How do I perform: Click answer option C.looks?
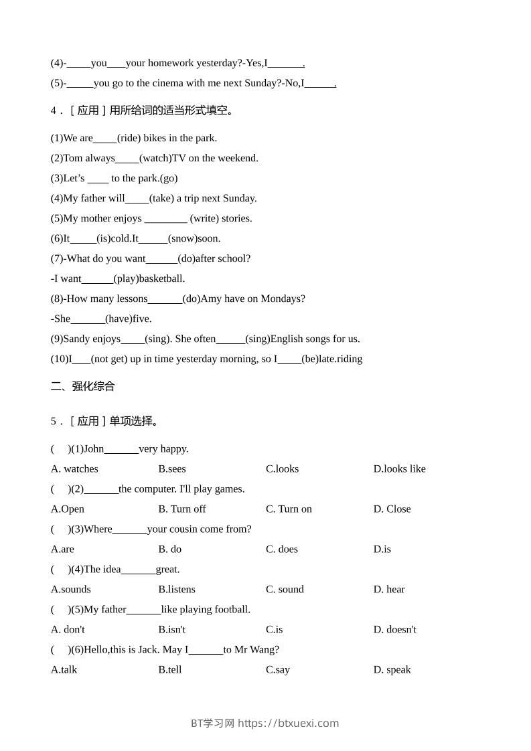pyautogui.click(x=282, y=469)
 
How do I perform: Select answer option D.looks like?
pyautogui.click(x=399, y=469)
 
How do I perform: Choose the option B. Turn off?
pyautogui.click(x=182, y=509)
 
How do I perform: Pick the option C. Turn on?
pyautogui.click(x=289, y=509)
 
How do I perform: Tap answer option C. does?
pyautogui.click(x=282, y=549)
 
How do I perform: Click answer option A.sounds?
pyautogui.click(x=71, y=589)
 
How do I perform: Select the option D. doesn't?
pyautogui.click(x=394, y=629)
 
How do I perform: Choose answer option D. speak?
pyautogui.click(x=392, y=669)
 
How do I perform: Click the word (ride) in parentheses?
pyautogui.click(x=129, y=138)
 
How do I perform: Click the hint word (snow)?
pyautogui.click(x=182, y=238)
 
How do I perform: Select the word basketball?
pyautogui.click(x=161, y=278)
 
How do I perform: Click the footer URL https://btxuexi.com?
pyautogui.click(x=289, y=723)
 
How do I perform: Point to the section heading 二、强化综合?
pyautogui.click(x=83, y=386)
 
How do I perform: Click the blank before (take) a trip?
pyautogui.click(x=137, y=199)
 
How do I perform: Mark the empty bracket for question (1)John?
pyautogui.click(x=61, y=448)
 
